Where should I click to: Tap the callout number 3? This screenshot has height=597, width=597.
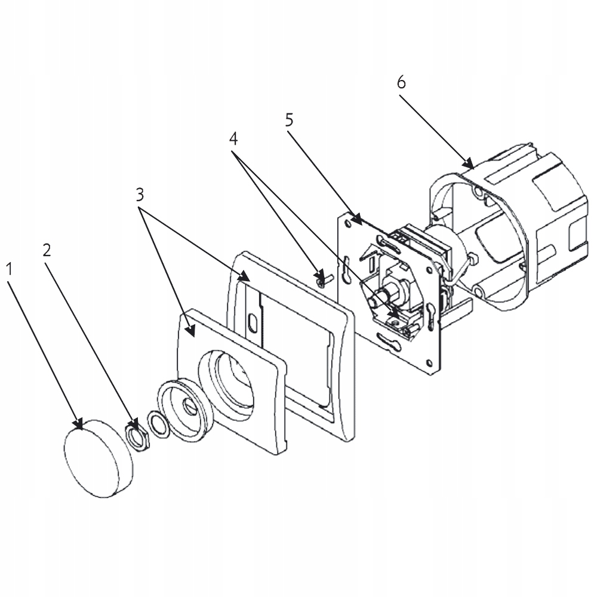139,195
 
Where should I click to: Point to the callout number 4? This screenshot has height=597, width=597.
233,139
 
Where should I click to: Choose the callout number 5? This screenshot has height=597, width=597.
289,120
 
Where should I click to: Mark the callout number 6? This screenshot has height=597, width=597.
401,82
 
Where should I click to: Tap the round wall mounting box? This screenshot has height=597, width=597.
507,227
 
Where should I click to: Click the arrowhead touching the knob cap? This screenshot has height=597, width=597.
78,424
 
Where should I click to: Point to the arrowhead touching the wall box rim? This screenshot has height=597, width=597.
469,163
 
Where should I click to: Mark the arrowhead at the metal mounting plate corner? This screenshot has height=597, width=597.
356,219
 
